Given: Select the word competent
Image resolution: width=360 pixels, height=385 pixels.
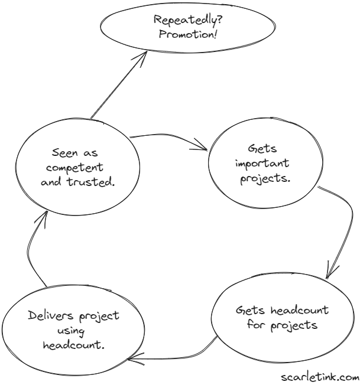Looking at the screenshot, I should (x=77, y=168).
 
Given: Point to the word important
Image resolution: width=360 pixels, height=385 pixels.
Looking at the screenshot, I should (x=256, y=163).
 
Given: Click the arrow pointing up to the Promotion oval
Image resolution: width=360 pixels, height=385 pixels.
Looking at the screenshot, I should (x=117, y=84).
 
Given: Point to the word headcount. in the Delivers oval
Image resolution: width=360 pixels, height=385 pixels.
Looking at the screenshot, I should (x=74, y=345).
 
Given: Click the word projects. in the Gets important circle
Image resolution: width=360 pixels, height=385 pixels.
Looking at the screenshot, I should (x=265, y=178).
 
